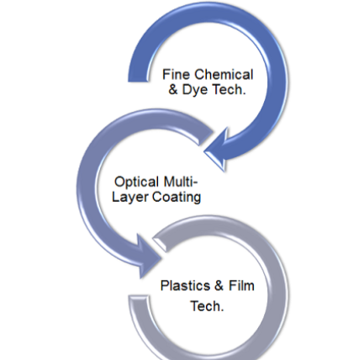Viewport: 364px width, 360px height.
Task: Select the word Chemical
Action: [224, 75]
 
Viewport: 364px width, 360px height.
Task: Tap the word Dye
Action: [195, 90]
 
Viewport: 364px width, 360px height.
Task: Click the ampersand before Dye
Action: [173, 90]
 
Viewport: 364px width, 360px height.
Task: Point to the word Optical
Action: [136, 182]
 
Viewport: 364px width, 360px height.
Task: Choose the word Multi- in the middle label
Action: [181, 182]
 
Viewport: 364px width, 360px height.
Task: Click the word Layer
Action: [130, 197]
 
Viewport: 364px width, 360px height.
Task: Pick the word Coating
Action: [177, 197]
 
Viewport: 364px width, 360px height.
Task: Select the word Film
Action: [241, 286]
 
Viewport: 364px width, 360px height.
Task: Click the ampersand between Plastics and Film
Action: [219, 286]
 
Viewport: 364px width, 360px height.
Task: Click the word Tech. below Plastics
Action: [208, 306]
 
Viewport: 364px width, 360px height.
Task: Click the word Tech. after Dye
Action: [229, 90]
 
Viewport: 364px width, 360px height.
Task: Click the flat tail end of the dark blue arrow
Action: [138, 81]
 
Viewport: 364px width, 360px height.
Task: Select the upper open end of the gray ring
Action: [160, 243]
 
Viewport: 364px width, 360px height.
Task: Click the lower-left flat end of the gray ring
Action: [138, 297]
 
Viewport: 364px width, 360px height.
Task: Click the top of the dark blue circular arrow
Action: [208, 12]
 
